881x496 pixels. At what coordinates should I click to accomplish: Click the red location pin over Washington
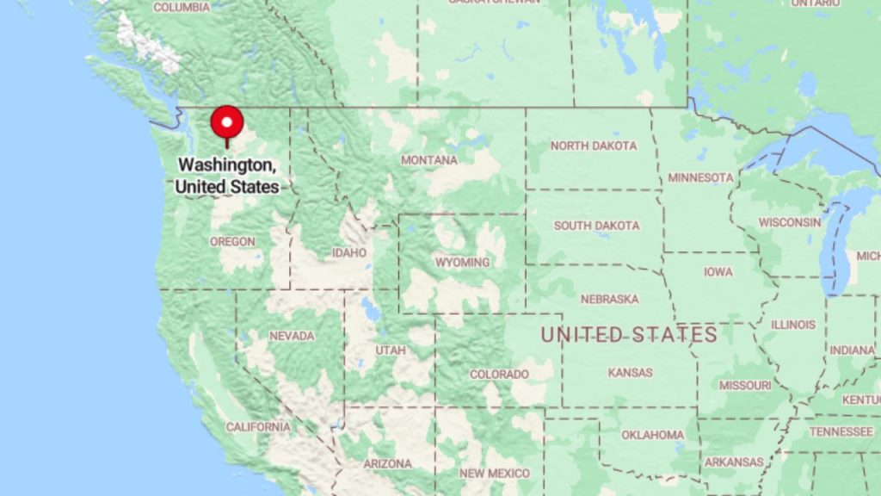click(227, 123)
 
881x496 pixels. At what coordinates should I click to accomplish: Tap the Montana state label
click(429, 160)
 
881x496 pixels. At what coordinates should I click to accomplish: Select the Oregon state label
click(232, 242)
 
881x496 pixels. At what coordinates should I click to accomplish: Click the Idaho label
click(349, 253)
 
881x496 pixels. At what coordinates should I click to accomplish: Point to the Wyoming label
click(462, 262)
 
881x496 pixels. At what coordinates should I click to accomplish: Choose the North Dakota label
click(594, 146)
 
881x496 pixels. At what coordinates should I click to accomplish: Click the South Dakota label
click(596, 226)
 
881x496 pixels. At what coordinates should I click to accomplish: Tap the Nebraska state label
click(609, 299)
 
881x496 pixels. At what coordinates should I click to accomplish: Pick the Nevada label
click(292, 336)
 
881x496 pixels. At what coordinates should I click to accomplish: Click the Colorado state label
click(499, 375)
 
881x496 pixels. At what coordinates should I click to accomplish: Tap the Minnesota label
click(700, 178)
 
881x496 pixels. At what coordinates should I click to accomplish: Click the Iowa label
click(718, 272)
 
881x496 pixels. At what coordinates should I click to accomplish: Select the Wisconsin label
click(789, 222)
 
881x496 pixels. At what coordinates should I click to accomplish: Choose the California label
click(258, 427)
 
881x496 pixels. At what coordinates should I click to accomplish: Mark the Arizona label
click(387, 463)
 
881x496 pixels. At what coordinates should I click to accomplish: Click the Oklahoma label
click(653, 435)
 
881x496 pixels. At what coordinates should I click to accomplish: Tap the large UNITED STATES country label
click(629, 335)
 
